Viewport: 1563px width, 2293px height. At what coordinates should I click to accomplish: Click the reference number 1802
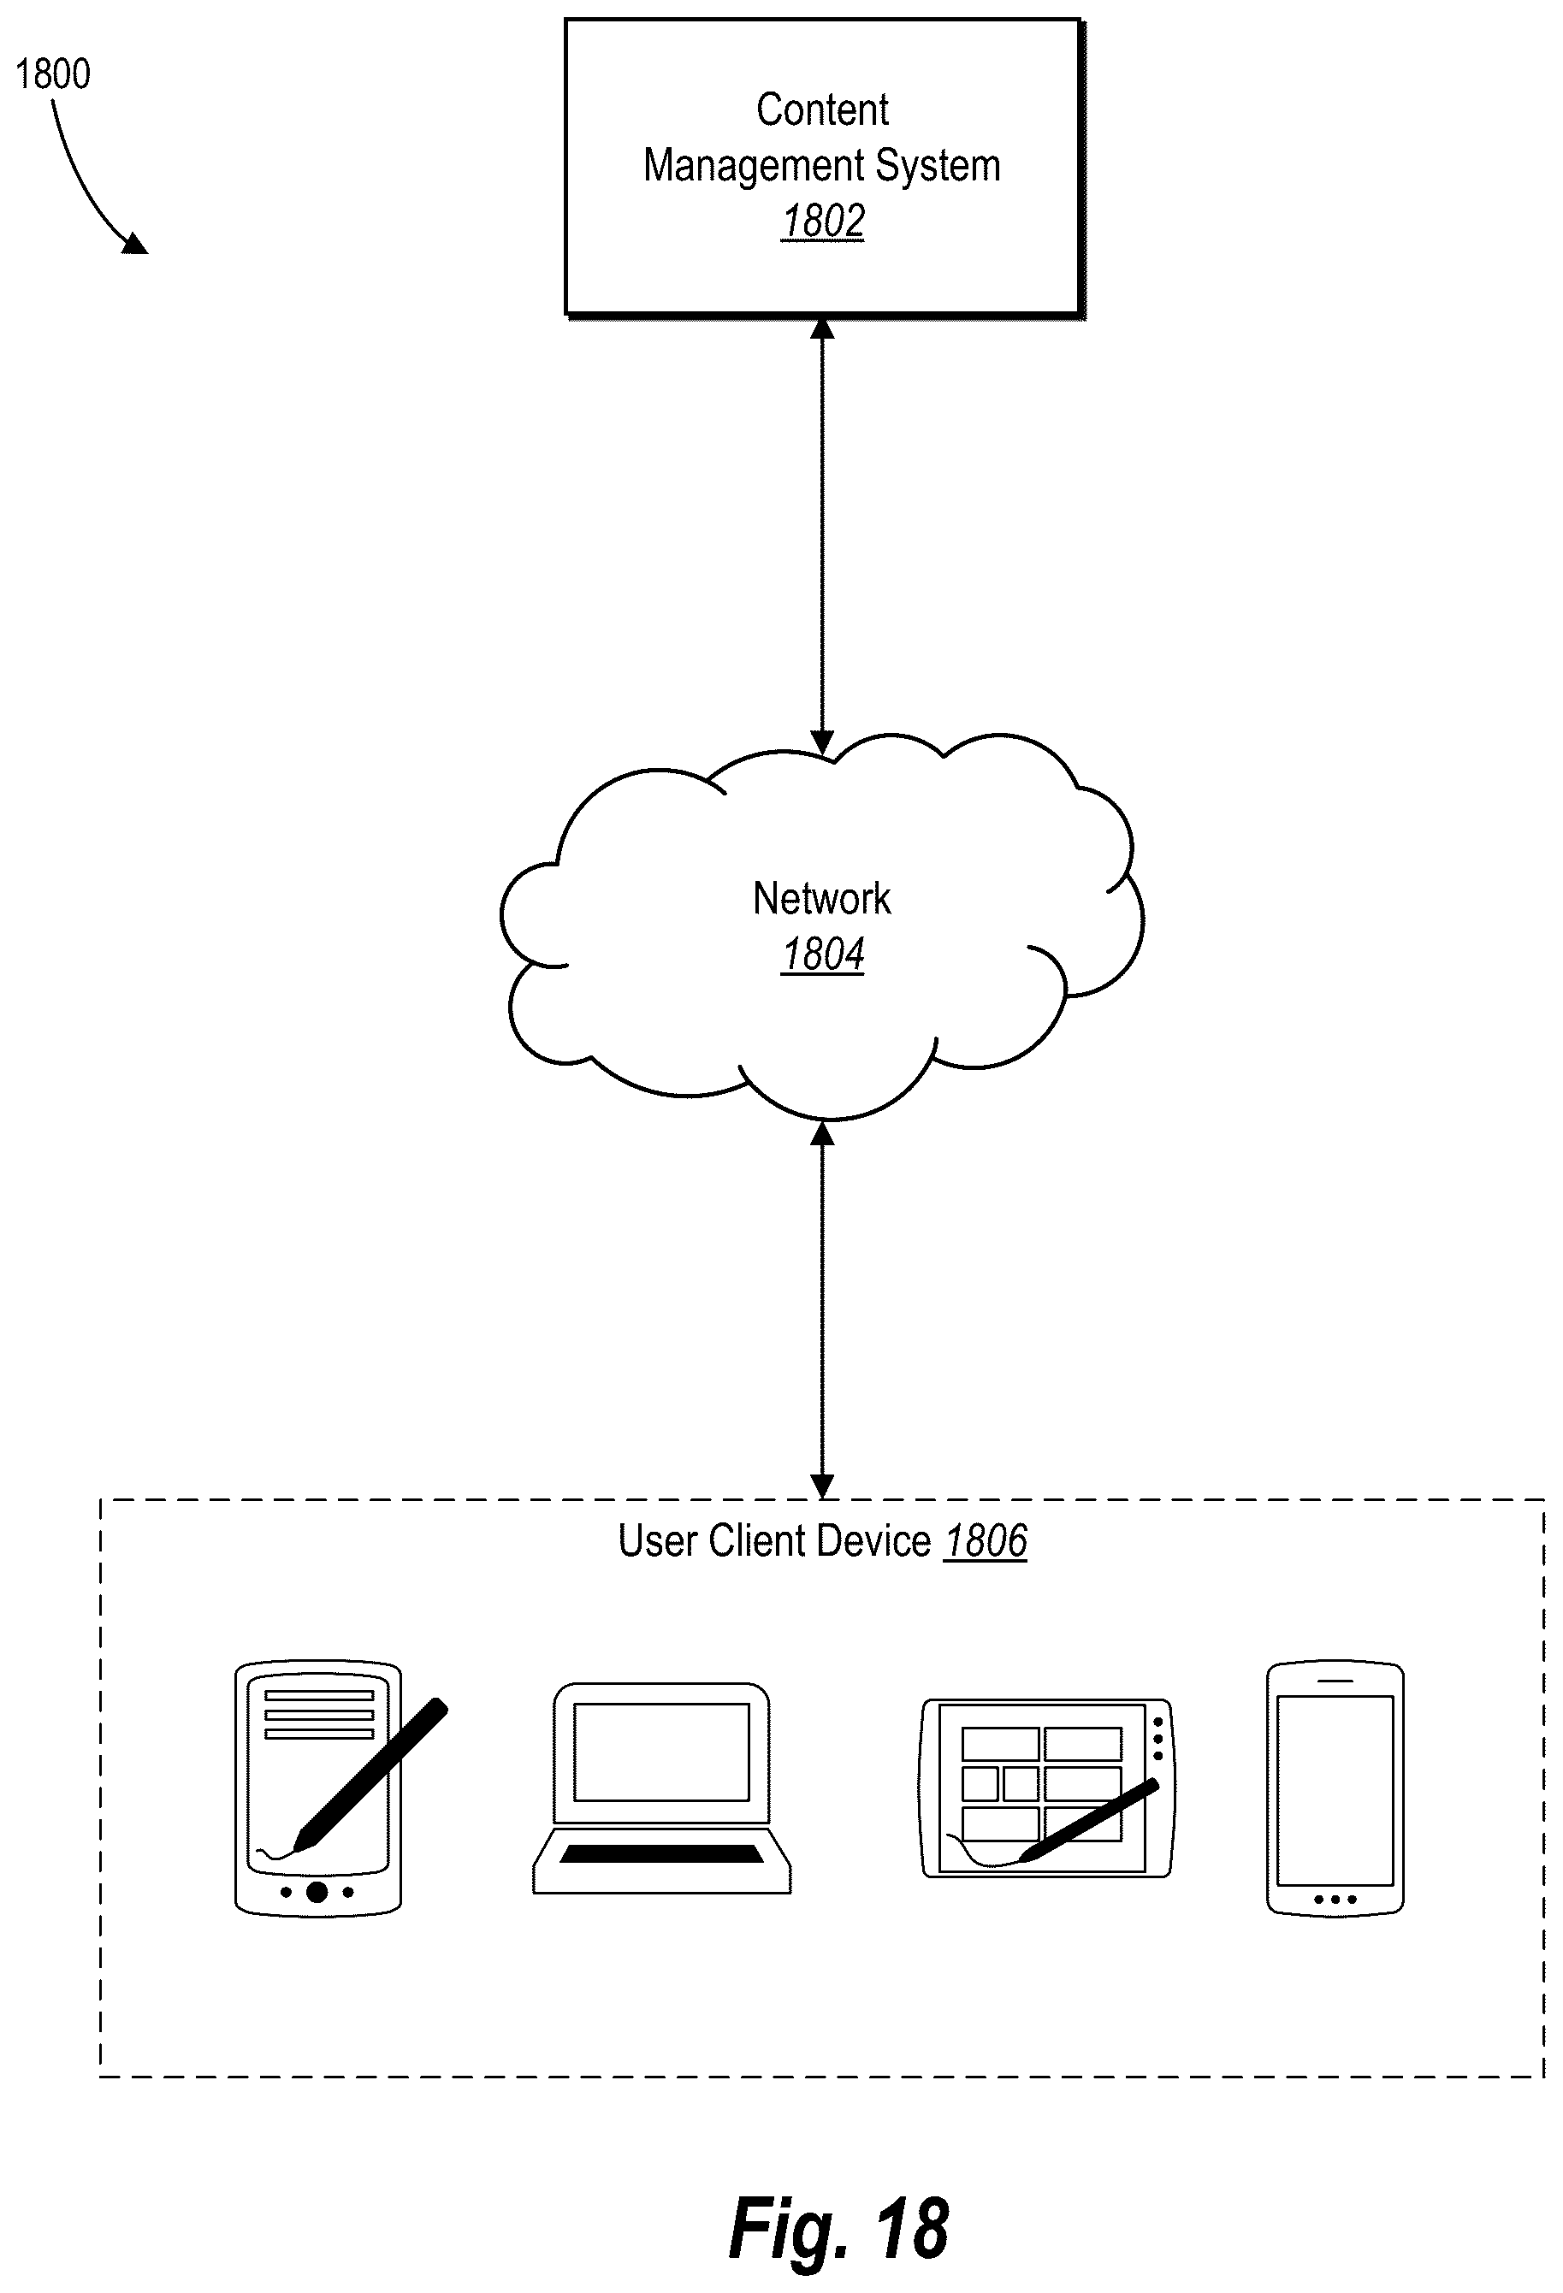(823, 220)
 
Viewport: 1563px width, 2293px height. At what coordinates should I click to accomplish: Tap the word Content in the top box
(822, 109)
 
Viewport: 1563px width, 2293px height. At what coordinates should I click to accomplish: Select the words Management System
(822, 165)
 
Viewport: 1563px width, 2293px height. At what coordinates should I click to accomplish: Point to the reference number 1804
(823, 954)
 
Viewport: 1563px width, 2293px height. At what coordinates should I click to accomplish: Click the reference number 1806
(986, 1541)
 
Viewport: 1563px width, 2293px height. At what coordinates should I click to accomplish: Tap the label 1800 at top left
(53, 74)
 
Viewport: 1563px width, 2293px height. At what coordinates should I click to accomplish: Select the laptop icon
(661, 1788)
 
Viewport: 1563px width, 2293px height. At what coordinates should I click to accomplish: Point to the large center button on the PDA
(317, 1891)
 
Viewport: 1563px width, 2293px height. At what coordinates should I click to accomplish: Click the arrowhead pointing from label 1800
(134, 242)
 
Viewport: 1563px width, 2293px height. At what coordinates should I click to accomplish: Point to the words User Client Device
(773, 1541)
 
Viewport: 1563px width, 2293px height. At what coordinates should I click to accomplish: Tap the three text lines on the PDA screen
(319, 1714)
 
